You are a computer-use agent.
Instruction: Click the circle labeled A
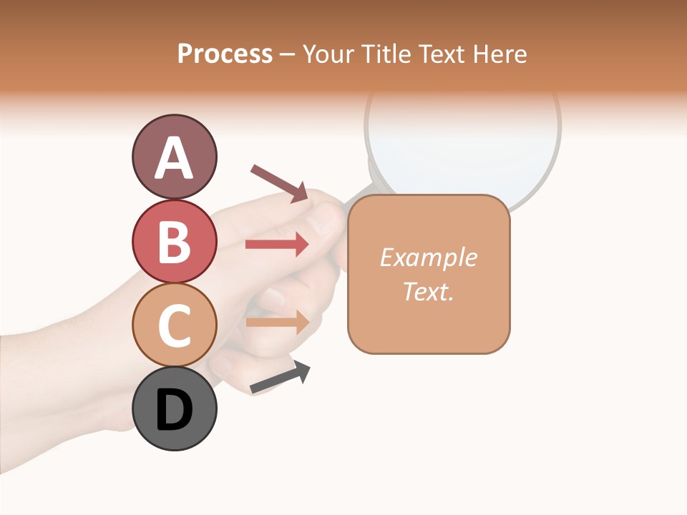click(174, 157)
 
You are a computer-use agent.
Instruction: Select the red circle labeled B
click(174, 241)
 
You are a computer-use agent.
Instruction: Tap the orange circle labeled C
click(174, 325)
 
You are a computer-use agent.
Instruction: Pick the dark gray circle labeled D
click(174, 408)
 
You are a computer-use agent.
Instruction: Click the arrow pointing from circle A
click(279, 182)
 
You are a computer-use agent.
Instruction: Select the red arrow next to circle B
click(277, 245)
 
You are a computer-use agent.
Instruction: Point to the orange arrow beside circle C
click(277, 322)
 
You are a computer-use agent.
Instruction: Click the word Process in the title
click(225, 54)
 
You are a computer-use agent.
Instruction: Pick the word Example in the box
click(428, 257)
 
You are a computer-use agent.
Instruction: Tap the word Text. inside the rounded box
click(428, 291)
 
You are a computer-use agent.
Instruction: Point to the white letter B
click(174, 242)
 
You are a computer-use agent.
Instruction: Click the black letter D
click(174, 411)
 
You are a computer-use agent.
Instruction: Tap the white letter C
click(174, 325)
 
